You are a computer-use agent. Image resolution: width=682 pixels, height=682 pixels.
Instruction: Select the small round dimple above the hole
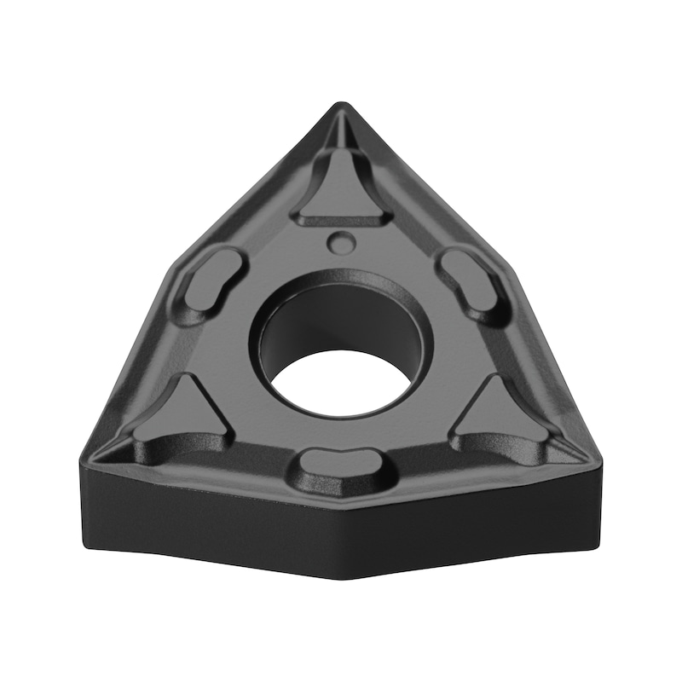pyautogui.click(x=341, y=241)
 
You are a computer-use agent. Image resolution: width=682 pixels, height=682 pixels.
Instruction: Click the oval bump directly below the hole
pyautogui.click(x=341, y=466)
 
